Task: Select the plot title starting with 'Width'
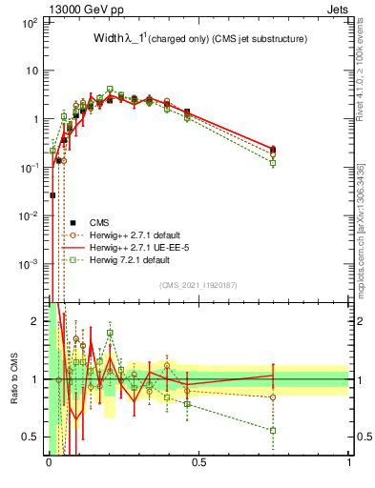pos(199,39)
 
